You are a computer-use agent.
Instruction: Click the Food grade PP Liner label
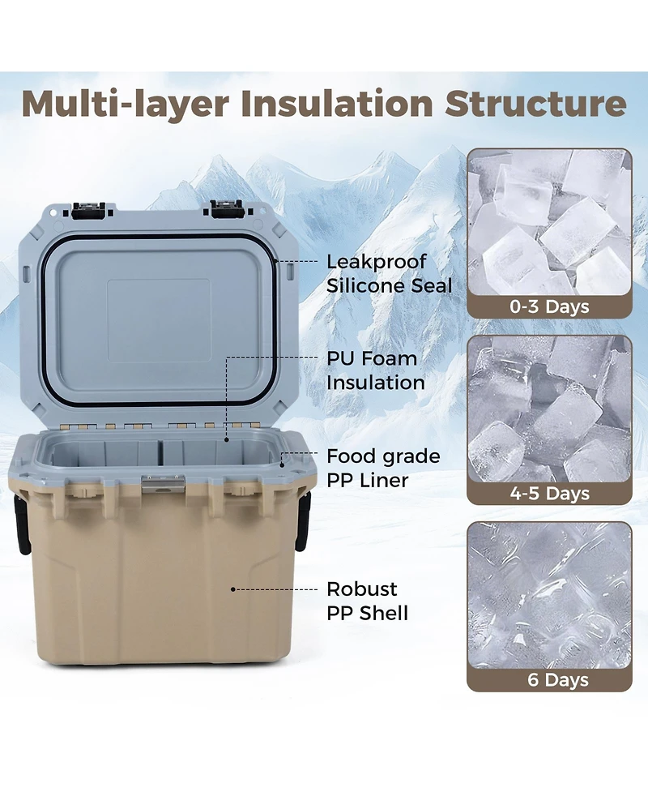tap(382, 468)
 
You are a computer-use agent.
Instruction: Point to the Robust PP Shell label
tap(367, 600)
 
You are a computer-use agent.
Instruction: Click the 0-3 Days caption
tap(548, 306)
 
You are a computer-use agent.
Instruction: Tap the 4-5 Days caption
tap(548, 493)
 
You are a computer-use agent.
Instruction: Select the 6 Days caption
tap(548, 679)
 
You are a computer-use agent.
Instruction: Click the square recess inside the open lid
tap(159, 320)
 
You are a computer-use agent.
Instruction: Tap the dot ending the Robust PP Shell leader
tap(233, 589)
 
